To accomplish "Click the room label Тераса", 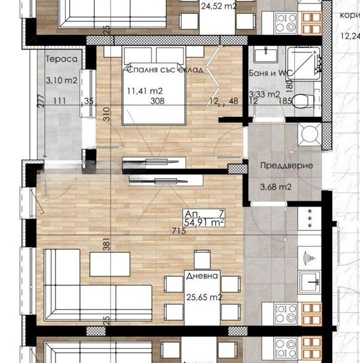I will pyautogui.click(x=61, y=59).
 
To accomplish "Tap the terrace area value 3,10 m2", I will pyautogui.click(x=61, y=80).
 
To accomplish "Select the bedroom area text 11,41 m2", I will pyautogui.click(x=142, y=92).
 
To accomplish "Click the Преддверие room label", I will pyautogui.click(x=286, y=166).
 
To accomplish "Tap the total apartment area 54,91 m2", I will pyautogui.click(x=204, y=223).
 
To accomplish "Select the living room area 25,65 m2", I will pyautogui.click(x=204, y=298).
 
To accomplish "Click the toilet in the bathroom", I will pyautogui.click(x=301, y=102).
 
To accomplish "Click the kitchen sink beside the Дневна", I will pyautogui.click(x=313, y=281).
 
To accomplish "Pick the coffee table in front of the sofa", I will pyautogui.click(x=110, y=264).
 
